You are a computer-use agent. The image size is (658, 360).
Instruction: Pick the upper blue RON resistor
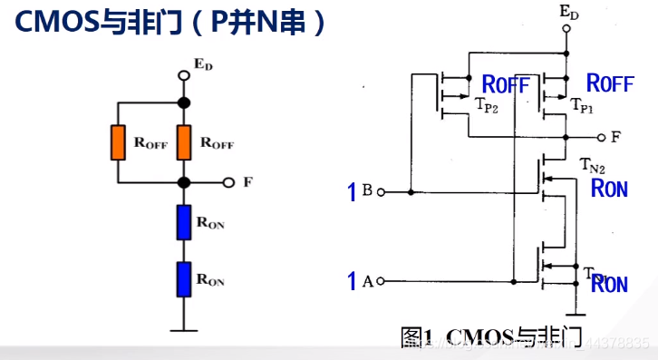pos(184,221)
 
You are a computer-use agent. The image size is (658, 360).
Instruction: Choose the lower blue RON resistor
pos(184,277)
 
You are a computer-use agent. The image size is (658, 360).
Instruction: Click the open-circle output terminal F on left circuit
pos(229,182)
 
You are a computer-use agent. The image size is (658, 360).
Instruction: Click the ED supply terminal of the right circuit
pos(566,28)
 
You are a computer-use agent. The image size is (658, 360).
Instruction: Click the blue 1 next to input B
pos(353,192)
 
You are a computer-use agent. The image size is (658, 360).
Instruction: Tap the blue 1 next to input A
pos(353,281)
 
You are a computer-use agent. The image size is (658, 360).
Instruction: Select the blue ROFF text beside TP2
pos(505,84)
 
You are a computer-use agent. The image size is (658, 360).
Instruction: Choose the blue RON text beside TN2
pos(608,189)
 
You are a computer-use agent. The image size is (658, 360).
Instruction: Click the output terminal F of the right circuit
pos(601,137)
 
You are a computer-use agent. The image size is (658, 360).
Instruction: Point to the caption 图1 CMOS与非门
pos(490,337)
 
